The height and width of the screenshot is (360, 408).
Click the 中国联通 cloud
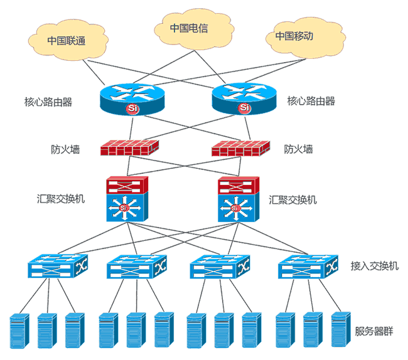coord(67,40)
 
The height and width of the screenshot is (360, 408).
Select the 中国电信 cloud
coord(188,28)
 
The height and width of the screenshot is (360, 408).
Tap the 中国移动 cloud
coord(294,36)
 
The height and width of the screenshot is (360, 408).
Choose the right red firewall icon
coord(241,149)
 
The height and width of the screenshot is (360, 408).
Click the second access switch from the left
coord(137,267)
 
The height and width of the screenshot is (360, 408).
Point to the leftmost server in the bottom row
coord(19,330)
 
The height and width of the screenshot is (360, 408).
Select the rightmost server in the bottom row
coord(339,330)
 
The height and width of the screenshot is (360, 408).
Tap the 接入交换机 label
coord(374,265)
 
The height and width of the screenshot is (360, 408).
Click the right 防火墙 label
coord(298,149)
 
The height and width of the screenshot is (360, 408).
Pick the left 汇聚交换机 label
coord(61,199)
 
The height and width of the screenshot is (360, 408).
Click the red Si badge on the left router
coord(132,109)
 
